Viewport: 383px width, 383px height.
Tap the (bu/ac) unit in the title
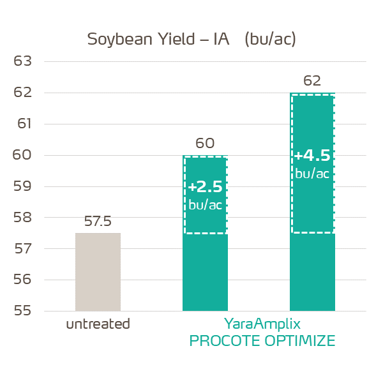pos(270,39)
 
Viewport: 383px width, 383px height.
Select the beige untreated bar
pos(98,272)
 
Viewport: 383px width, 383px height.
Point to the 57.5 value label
pos(98,222)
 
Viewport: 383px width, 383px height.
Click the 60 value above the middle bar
pos(205,144)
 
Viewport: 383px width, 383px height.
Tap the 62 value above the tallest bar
pos(312,81)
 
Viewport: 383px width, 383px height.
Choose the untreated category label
pos(98,324)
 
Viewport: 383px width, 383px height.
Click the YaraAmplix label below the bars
pos(262,323)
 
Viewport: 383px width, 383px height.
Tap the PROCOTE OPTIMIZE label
pos(262,341)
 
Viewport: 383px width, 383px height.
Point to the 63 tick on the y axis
pos(22,62)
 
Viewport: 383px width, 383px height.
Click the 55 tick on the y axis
pos(22,311)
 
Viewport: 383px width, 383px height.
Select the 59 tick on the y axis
pos(22,186)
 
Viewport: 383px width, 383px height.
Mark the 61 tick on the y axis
pos(22,124)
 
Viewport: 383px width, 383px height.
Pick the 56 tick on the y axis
pos(22,280)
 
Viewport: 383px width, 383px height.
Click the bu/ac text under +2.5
pos(206,204)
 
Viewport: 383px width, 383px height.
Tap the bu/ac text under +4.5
pos(312,174)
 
